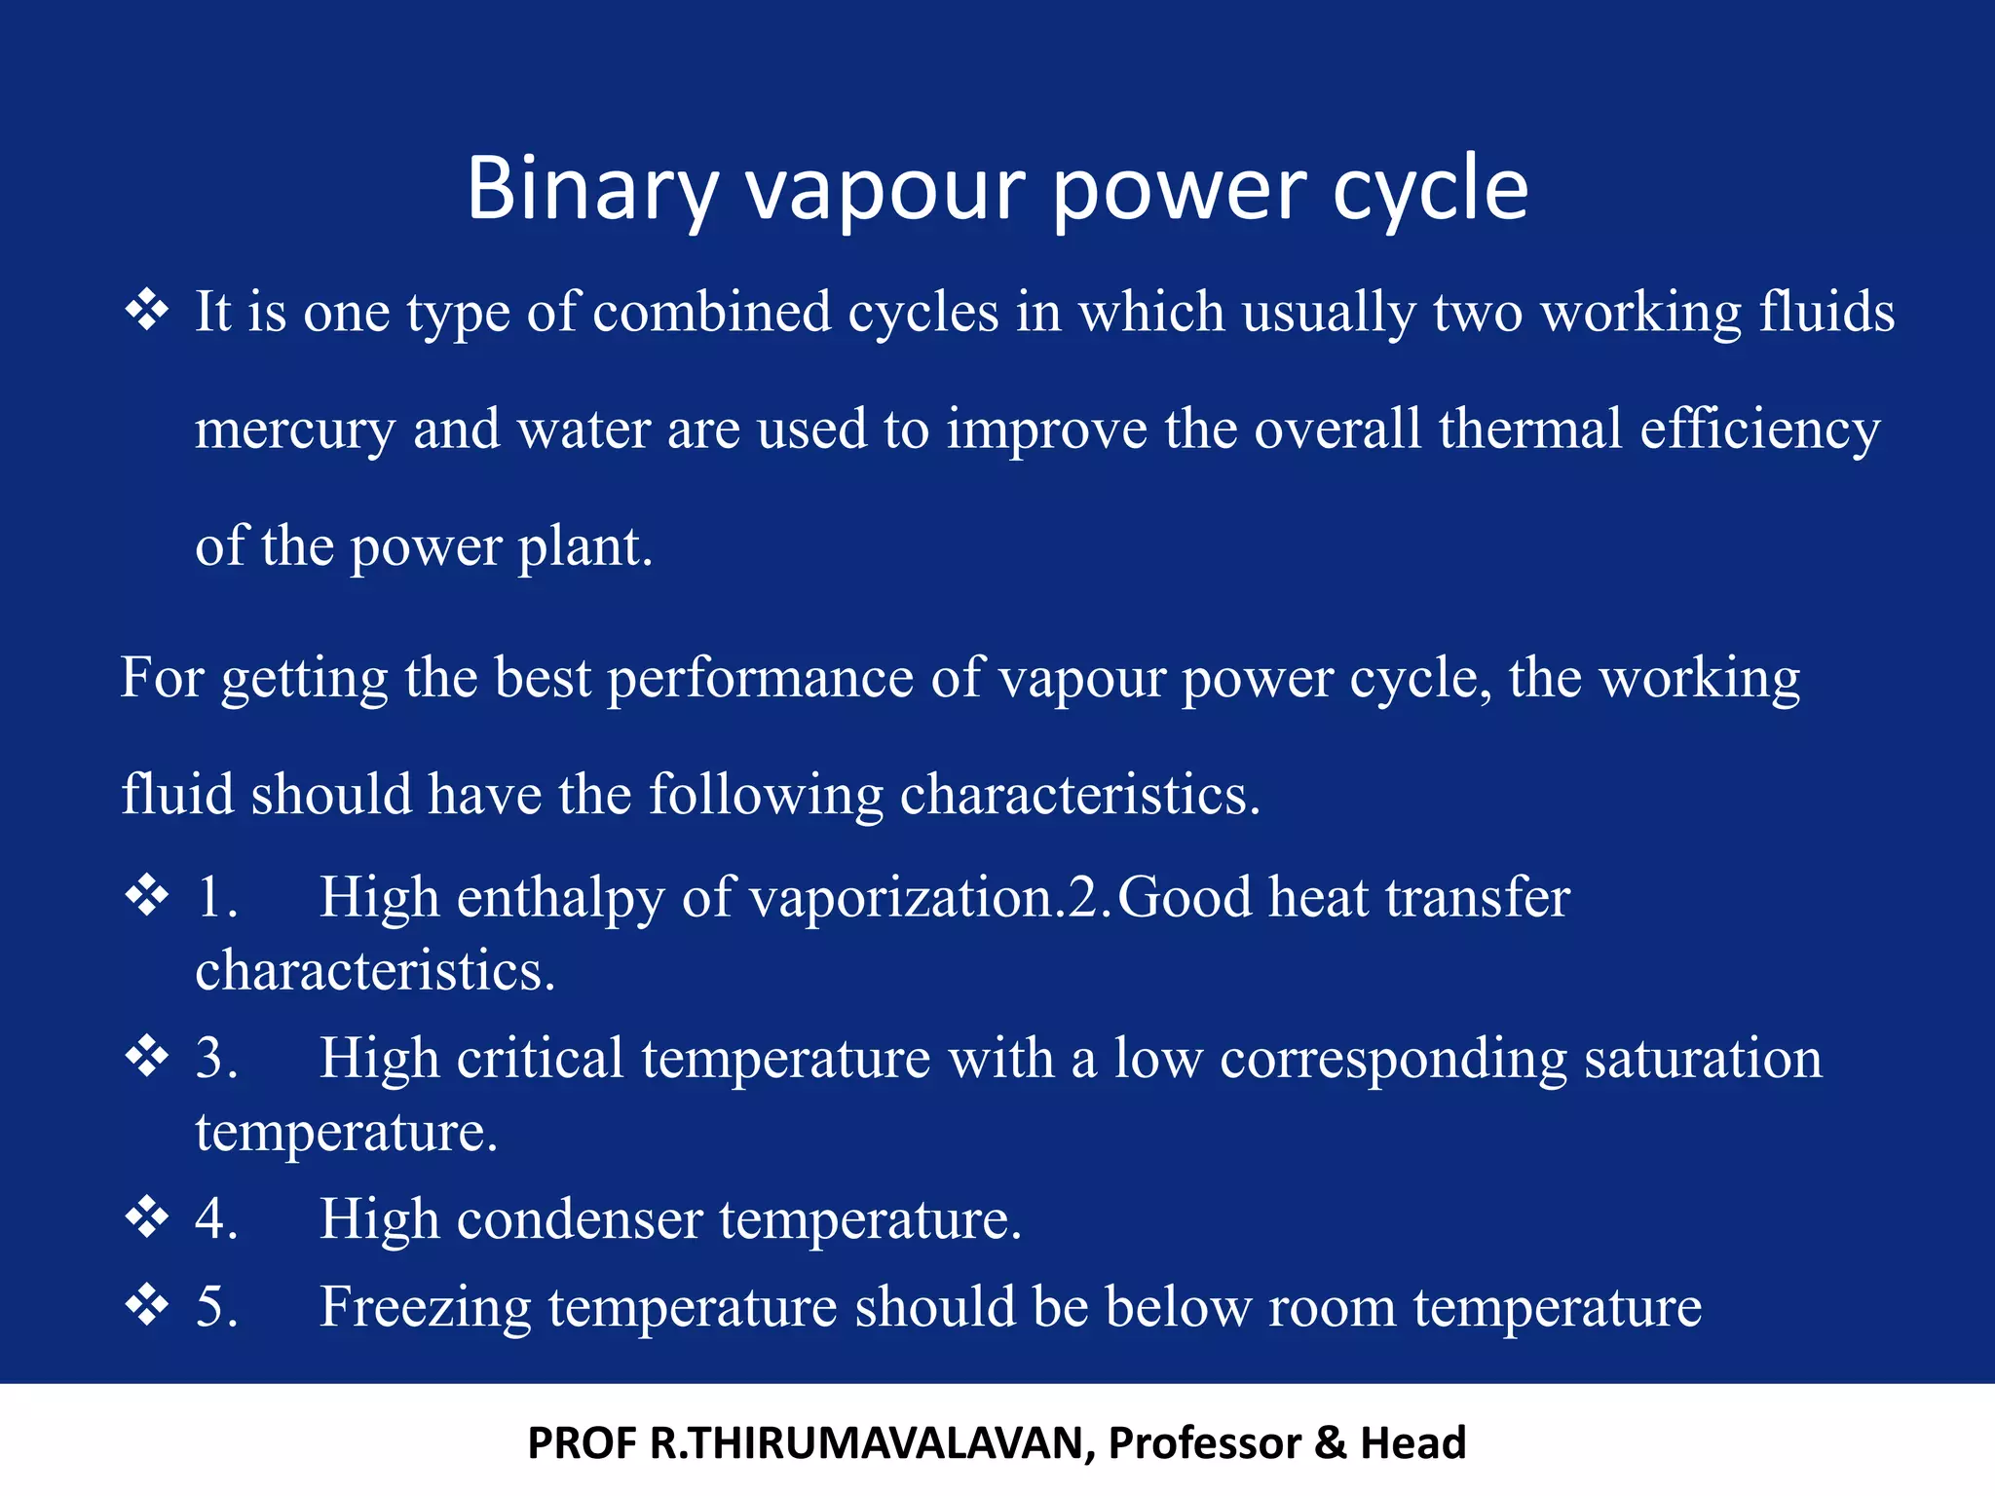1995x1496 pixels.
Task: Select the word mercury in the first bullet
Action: pos(294,430)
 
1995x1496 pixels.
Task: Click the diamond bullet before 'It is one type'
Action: pos(147,312)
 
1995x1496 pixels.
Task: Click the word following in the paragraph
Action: pos(766,795)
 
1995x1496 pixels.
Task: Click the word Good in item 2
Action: pos(1184,898)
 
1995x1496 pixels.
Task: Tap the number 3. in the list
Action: pos(216,1058)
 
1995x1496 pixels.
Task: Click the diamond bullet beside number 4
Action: pos(147,1217)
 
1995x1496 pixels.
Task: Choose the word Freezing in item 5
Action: pos(425,1307)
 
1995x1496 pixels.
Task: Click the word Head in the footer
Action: pos(1412,1443)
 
